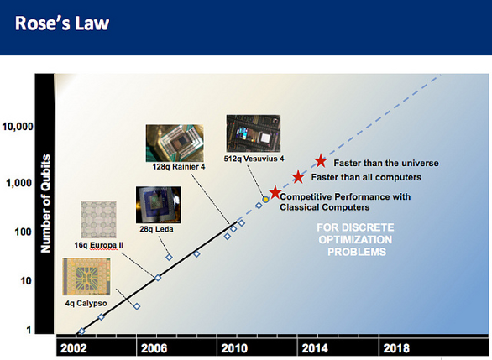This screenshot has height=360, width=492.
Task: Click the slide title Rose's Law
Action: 62,23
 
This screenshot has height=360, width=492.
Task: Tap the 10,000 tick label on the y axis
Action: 18,127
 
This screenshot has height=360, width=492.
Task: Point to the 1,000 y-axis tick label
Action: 19,183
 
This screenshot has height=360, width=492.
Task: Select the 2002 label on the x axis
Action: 73,348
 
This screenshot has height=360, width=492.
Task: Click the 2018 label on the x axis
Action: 396,348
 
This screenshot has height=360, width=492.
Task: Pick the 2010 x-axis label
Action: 234,348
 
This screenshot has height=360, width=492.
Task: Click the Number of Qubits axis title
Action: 46,204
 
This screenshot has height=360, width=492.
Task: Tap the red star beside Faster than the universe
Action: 321,161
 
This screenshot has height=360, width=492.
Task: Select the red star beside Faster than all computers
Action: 298,177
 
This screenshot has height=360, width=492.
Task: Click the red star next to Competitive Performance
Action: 275,192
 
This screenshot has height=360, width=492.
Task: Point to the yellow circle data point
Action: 265,200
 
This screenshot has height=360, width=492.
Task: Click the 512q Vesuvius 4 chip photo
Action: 254,133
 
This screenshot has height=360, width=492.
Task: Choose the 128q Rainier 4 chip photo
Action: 175,143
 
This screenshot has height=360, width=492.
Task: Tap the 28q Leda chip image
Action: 158,205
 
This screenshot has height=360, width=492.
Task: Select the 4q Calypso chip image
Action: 86,277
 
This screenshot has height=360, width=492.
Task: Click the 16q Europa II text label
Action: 98,245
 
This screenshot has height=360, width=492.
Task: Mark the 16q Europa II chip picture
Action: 98,220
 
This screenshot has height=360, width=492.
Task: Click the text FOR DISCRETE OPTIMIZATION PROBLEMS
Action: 355,240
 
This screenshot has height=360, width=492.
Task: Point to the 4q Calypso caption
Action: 86,303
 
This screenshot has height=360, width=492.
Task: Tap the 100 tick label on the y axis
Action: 24,232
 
